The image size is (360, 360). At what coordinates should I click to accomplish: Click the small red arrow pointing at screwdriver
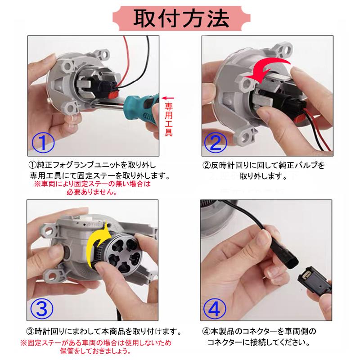[168, 97]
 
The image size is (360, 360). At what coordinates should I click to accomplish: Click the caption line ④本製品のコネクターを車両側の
[259, 332]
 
